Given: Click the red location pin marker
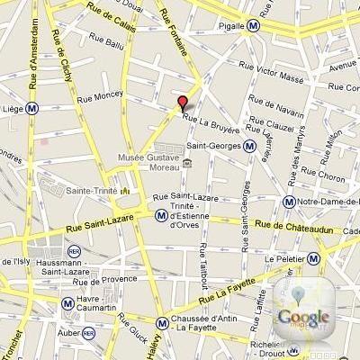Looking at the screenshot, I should pyautogui.click(x=183, y=103).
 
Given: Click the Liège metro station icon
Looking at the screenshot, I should pyautogui.click(x=32, y=106).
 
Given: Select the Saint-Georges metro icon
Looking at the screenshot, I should pyautogui.click(x=249, y=144).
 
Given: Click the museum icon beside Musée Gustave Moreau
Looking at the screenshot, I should pyautogui.click(x=185, y=163).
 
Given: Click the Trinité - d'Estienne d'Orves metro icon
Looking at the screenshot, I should pyautogui.click(x=160, y=214).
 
